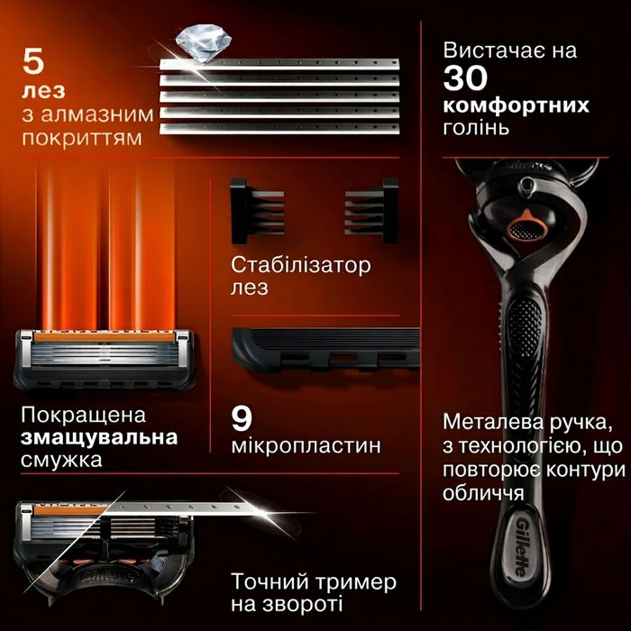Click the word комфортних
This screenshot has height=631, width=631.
516,105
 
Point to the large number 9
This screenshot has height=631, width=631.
242,416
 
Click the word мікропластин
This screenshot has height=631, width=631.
305,445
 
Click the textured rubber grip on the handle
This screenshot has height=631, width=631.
524,330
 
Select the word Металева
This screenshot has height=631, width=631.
491,423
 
